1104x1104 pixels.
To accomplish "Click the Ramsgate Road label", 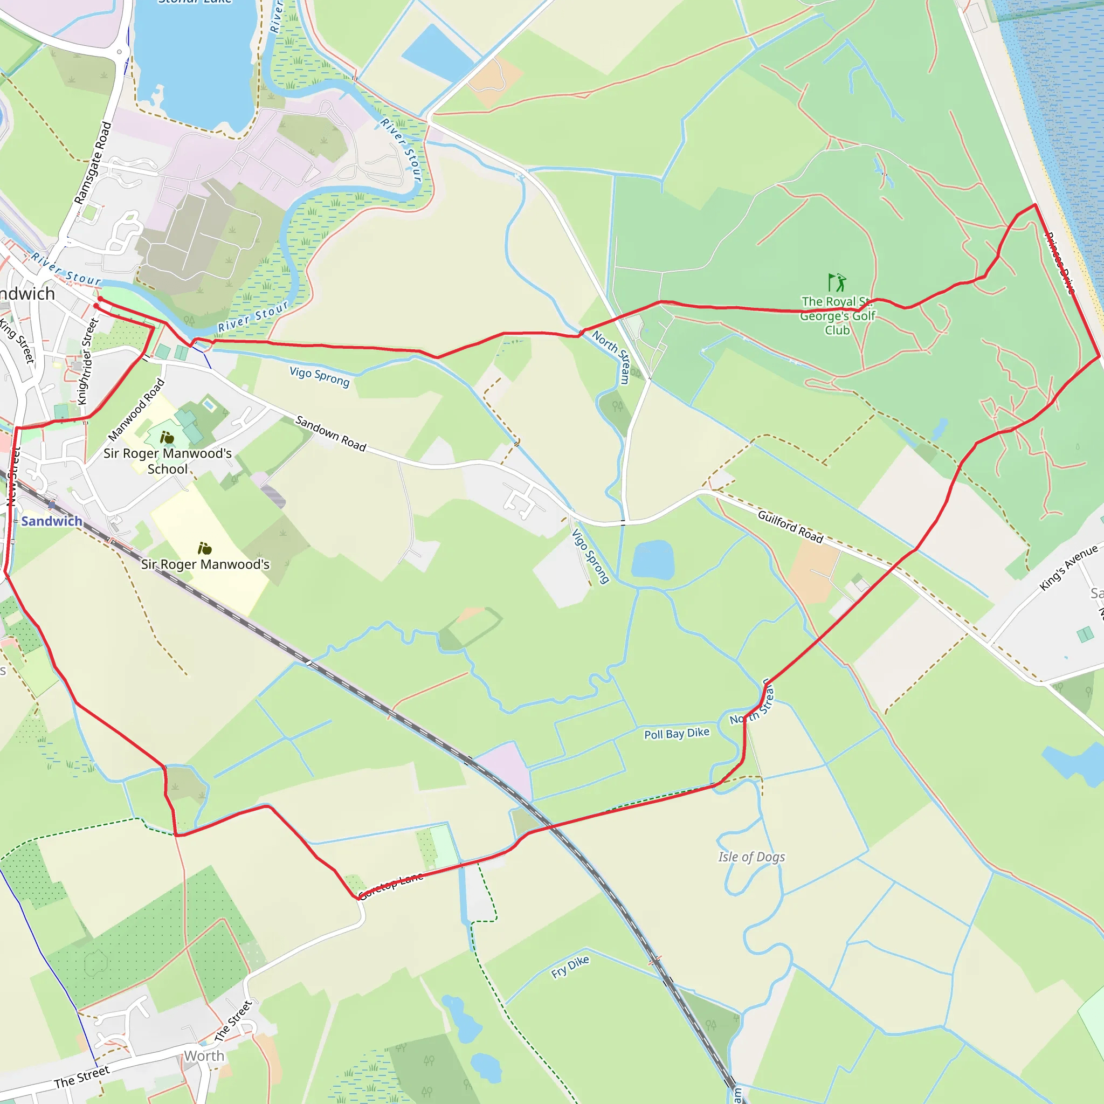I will click(93, 162).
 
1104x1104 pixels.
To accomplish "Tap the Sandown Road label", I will click(330, 433).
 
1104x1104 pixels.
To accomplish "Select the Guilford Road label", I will click(790, 526).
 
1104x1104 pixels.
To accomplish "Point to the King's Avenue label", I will click(1068, 568).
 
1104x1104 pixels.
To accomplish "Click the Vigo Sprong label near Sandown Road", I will click(320, 376).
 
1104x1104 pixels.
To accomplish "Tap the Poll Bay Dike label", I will click(677, 734).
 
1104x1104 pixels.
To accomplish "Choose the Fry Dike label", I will click(570, 967).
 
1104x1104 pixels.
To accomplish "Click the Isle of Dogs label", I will click(751, 857).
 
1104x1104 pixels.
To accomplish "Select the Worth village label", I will click(204, 1055).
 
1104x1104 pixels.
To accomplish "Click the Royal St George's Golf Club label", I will click(837, 315).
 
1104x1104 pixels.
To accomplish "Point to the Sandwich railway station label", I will click(51, 521).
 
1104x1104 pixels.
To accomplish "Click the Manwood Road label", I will click(136, 409).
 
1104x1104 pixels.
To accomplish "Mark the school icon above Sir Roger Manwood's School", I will click(167, 438).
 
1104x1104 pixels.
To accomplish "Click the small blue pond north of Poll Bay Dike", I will click(653, 560).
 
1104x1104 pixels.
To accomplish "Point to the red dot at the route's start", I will click(100, 299).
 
